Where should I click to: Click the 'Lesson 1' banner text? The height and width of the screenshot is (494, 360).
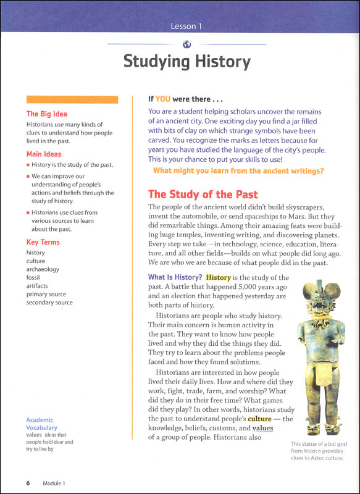point(186,26)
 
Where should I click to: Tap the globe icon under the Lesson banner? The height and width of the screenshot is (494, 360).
point(186,43)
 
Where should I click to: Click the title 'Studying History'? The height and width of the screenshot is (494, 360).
point(186,62)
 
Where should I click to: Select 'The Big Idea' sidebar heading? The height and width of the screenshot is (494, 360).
point(47,114)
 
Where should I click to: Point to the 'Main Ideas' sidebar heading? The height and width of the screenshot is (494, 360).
point(44,154)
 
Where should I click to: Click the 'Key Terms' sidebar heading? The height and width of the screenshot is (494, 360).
point(43,242)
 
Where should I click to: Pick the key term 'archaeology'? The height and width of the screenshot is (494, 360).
point(43,269)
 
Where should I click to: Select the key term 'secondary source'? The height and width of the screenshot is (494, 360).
point(49,303)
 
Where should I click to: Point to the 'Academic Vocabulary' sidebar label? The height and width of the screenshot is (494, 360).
point(42,423)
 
